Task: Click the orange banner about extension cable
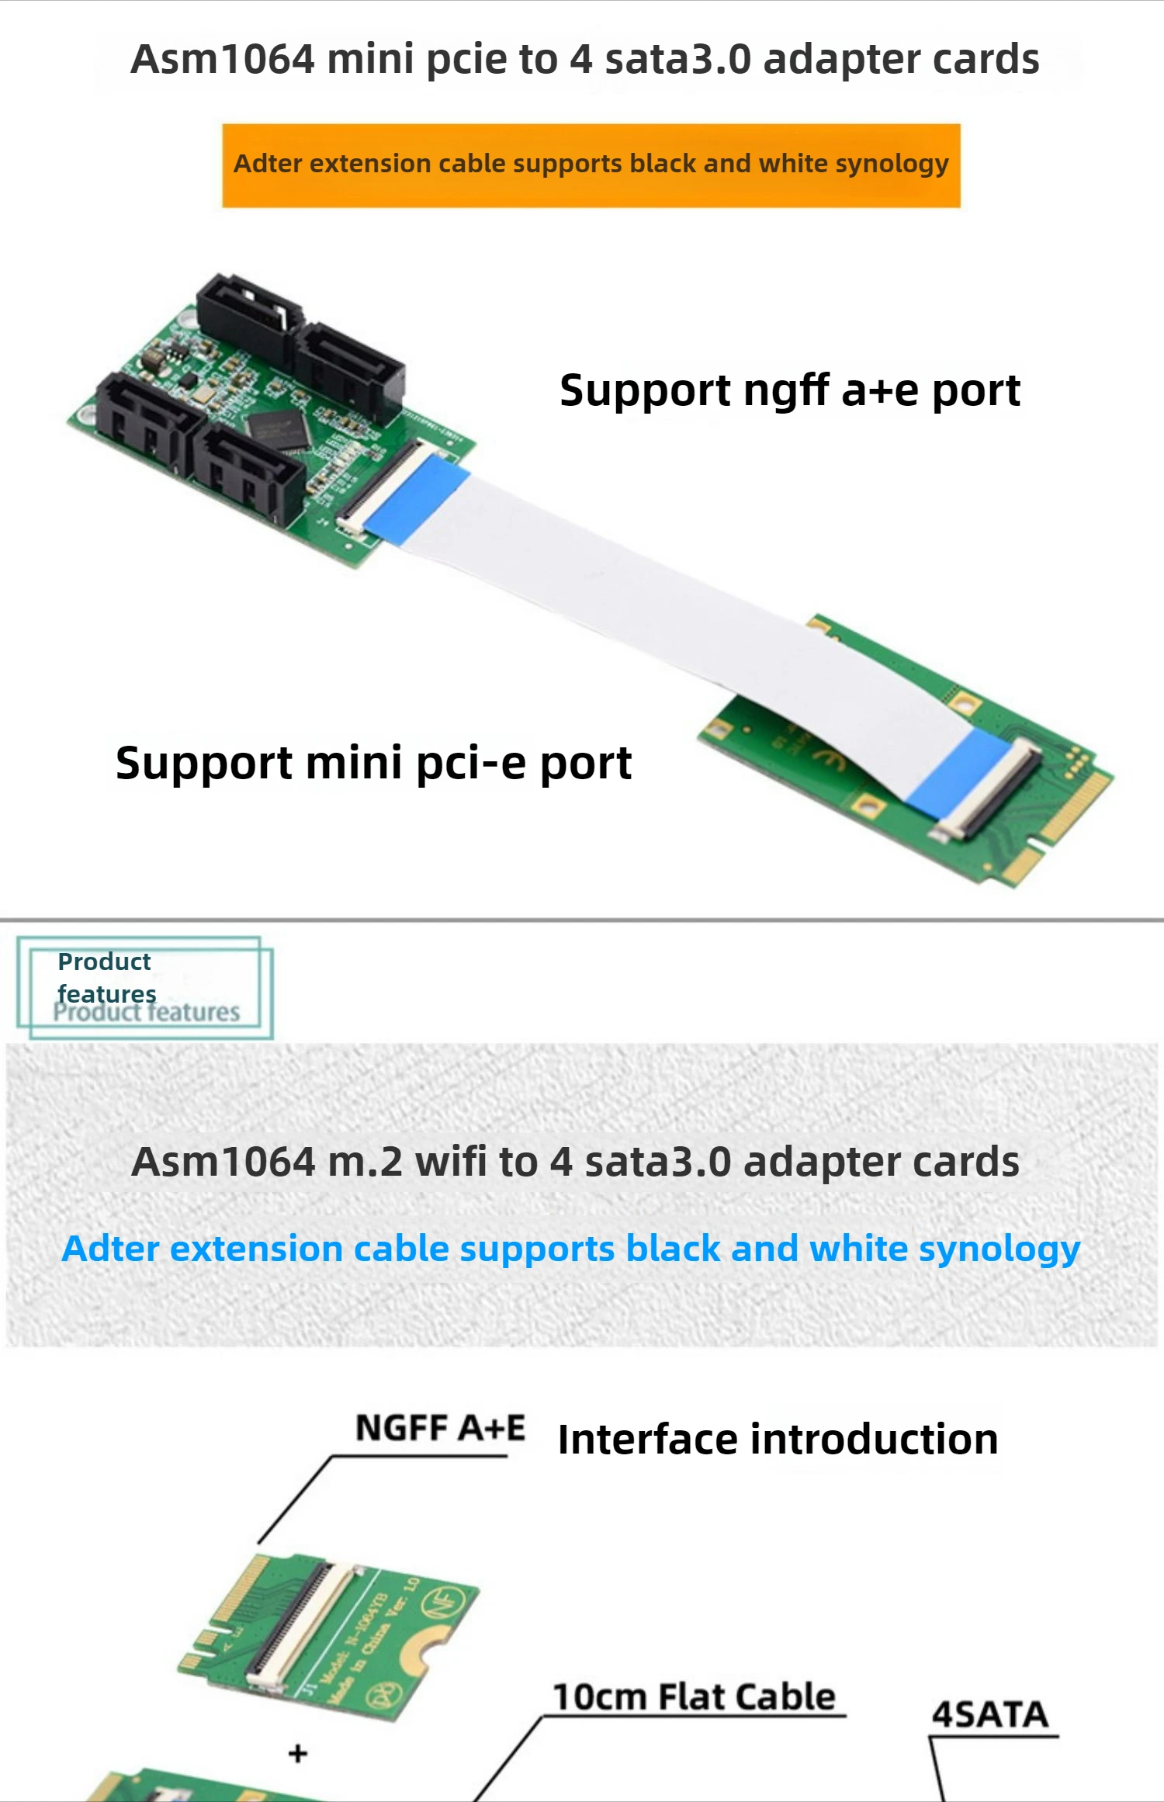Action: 591,165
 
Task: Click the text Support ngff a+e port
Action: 789,390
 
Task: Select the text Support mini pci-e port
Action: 373,763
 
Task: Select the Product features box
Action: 145,987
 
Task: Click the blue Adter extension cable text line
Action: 570,1249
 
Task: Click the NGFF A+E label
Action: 440,1428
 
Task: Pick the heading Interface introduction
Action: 778,1440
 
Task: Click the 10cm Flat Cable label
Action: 694,1696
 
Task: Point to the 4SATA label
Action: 990,1714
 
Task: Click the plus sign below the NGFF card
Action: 298,1753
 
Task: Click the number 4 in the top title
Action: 581,60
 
